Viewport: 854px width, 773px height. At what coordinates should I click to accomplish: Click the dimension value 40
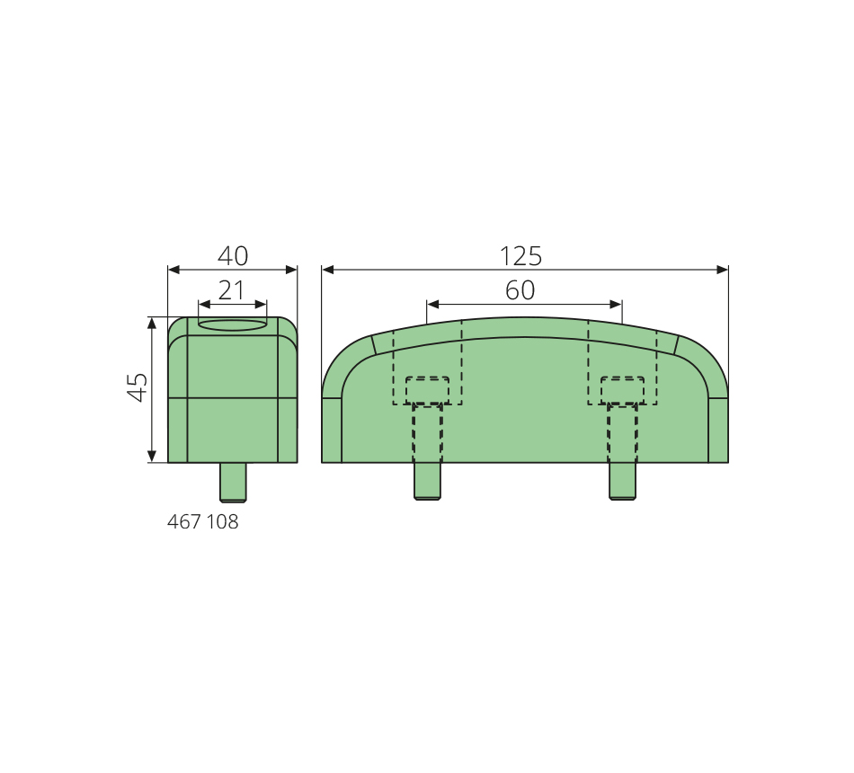tap(233, 255)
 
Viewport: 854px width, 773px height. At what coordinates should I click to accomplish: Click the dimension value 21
tap(231, 290)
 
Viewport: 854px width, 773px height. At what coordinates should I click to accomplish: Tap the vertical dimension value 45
tap(138, 387)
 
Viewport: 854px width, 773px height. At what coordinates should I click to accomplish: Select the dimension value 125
tap(520, 256)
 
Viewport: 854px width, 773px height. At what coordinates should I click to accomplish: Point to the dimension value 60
tap(520, 290)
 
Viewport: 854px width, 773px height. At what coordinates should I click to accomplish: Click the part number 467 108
tap(202, 522)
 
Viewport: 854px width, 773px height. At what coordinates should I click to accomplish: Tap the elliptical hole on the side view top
tap(233, 325)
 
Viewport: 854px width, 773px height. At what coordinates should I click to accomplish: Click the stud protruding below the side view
tap(233, 482)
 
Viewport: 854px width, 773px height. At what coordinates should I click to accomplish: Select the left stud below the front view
tap(428, 481)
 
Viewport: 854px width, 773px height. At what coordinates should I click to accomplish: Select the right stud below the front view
tap(622, 481)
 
